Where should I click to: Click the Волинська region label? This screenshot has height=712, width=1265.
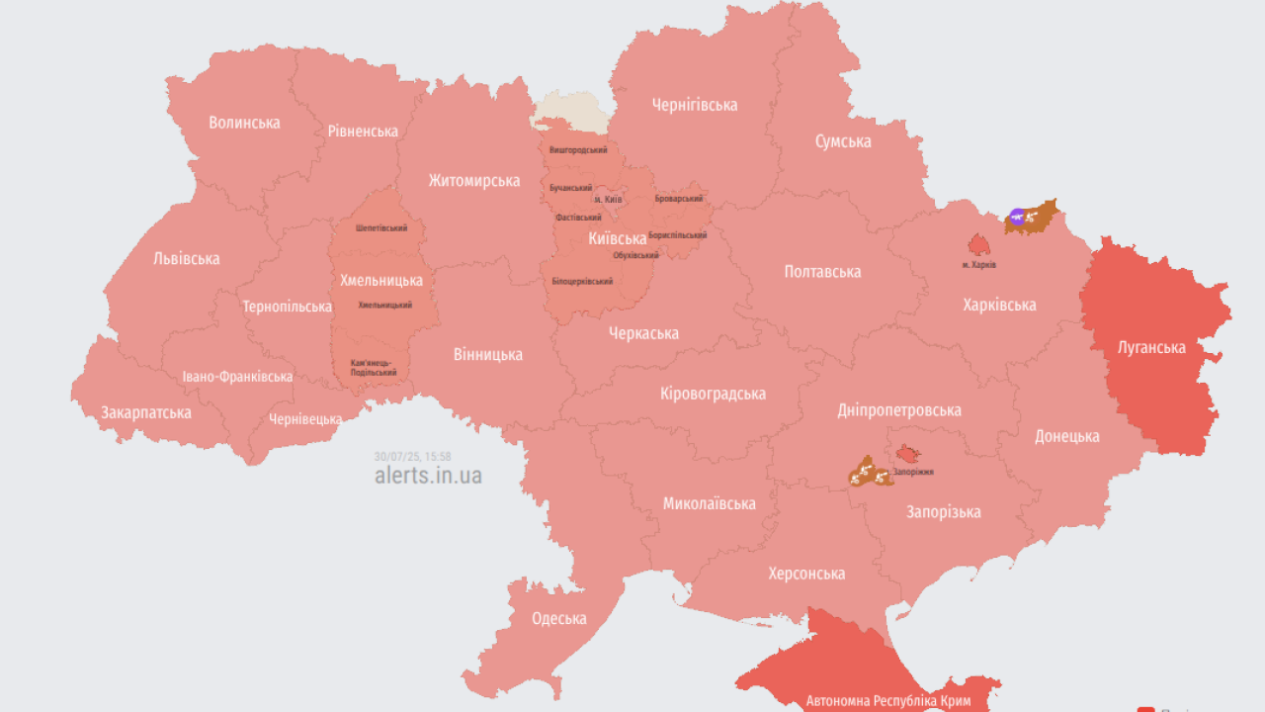[244, 123]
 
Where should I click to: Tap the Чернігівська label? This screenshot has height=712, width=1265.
[695, 105]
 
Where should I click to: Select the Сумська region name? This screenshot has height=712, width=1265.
[843, 141]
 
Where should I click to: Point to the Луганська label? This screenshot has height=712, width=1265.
[1151, 347]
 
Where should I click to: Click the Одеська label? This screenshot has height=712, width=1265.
[559, 619]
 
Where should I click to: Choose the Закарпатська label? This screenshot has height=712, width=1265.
[146, 412]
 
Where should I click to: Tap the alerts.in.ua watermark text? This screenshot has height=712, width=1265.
[428, 476]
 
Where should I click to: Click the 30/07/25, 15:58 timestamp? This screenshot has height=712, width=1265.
[413, 456]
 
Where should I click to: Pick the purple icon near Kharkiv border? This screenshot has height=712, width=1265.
[1017, 216]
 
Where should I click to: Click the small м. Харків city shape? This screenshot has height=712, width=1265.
[978, 245]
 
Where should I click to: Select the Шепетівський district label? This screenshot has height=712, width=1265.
[381, 228]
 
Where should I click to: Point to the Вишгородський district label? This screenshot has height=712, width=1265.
[578, 149]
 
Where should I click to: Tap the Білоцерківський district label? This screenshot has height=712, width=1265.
[582, 281]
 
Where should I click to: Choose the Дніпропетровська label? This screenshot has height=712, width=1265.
[899, 410]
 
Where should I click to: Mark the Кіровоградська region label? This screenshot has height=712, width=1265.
[713, 394]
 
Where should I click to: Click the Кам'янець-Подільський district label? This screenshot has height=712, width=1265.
[374, 368]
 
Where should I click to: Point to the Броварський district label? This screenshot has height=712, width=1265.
[679, 199]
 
